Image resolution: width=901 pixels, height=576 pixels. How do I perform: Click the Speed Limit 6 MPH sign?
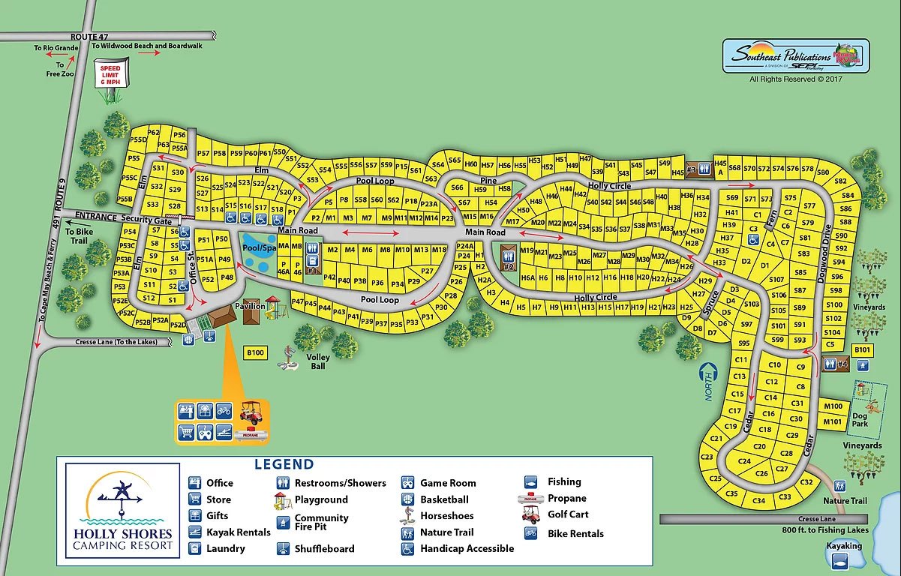(x=110, y=76)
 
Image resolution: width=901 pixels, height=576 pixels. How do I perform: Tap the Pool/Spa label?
(x=259, y=247)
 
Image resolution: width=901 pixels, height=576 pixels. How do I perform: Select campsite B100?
(x=256, y=352)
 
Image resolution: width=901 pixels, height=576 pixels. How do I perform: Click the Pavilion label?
(x=250, y=306)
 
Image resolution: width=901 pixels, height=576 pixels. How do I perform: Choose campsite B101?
(x=862, y=349)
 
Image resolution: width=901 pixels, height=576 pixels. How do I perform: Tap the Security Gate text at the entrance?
(x=147, y=218)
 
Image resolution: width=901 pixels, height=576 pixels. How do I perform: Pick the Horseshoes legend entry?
(x=446, y=516)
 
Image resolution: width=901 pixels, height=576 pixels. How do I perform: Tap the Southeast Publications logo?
(x=793, y=56)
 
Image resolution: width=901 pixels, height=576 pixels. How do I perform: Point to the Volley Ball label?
(x=318, y=363)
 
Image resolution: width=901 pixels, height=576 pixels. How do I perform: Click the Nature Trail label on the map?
(x=845, y=500)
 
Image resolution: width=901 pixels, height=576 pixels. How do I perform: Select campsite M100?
(x=833, y=406)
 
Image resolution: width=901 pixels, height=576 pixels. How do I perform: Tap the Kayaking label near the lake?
(x=844, y=546)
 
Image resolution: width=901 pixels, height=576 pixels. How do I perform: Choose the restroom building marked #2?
(x=508, y=257)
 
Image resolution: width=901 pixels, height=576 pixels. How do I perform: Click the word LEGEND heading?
(x=284, y=464)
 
